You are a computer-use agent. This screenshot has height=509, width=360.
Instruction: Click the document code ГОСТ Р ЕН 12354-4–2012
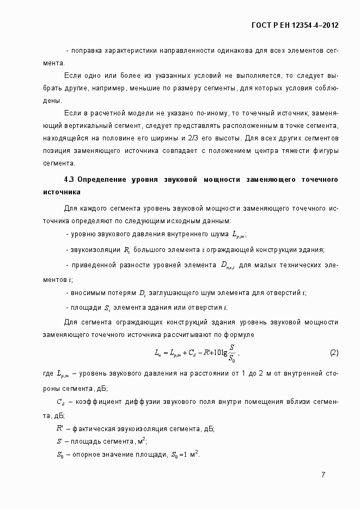coord(295,25)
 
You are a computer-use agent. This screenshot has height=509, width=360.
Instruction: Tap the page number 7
coord(324,475)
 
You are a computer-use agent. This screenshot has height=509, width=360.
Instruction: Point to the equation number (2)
coord(334,353)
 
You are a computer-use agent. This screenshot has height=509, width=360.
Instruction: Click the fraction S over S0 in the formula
coord(232,353)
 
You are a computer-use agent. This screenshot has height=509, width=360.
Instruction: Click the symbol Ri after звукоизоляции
coord(126,250)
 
